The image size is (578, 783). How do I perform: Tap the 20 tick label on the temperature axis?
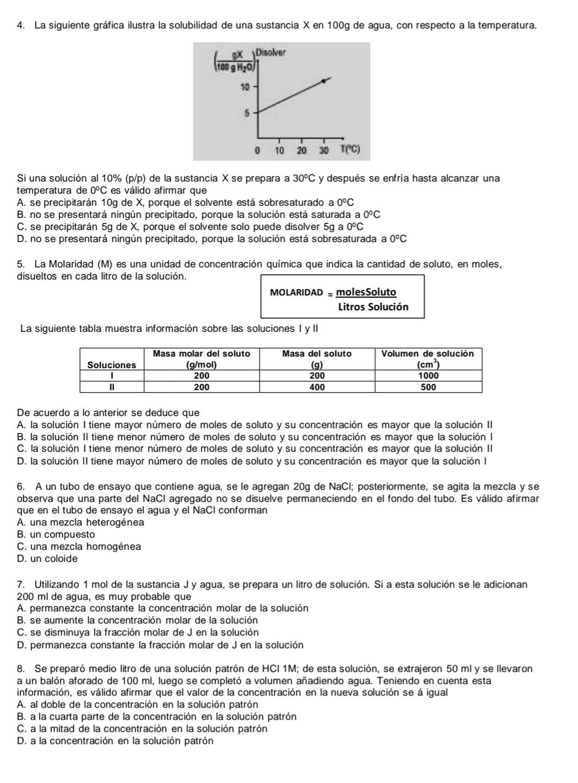(301, 151)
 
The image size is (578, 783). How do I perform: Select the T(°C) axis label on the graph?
(350, 150)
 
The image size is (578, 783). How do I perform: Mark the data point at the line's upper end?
(324, 80)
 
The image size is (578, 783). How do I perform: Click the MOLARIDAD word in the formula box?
(296, 292)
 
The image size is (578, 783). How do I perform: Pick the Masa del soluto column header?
(317, 354)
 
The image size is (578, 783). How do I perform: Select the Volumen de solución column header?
(428, 354)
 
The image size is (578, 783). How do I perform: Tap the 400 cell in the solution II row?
(317, 387)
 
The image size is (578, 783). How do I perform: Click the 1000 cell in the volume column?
(428, 376)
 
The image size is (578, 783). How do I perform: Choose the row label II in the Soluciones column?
(112, 387)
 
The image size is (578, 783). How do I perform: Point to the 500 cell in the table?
(428, 387)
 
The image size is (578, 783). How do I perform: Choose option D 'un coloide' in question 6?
(48, 558)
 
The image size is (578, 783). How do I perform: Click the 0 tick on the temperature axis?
(256, 151)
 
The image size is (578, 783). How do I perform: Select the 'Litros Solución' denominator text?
(373, 307)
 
